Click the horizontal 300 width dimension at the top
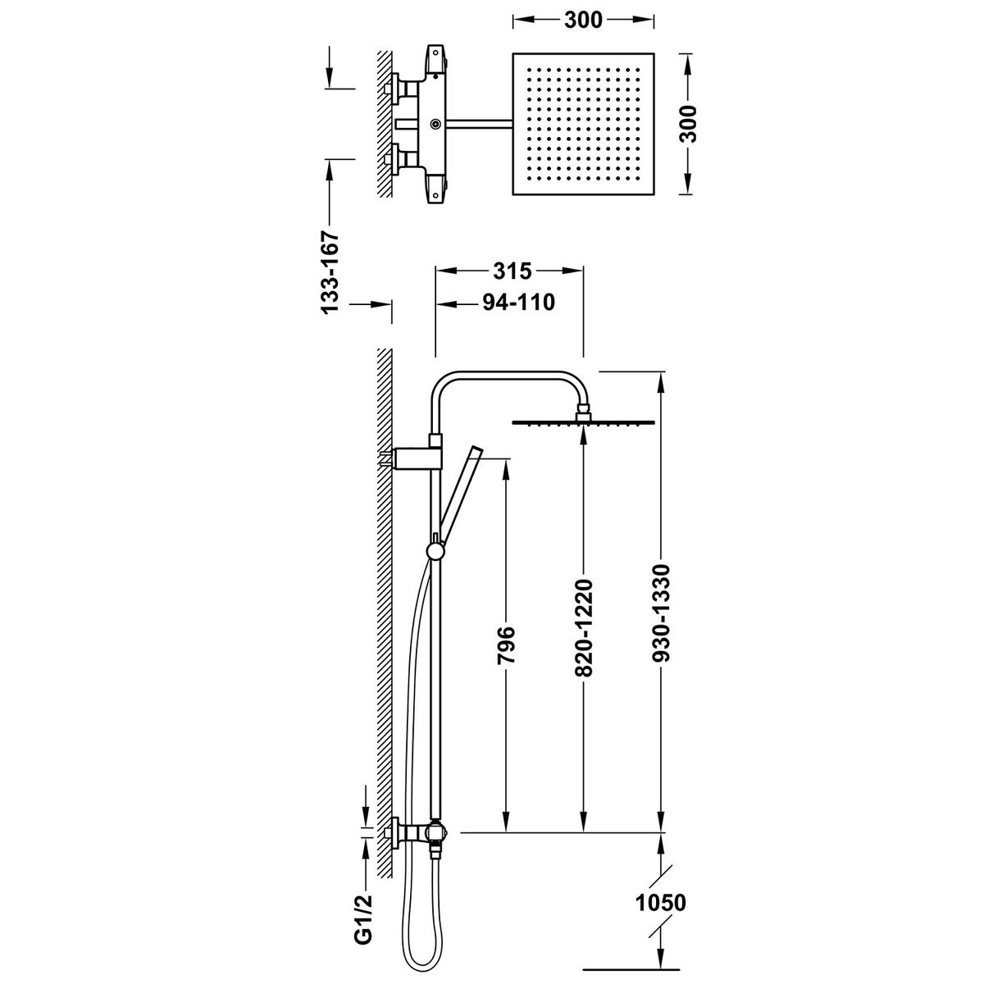pos(583,20)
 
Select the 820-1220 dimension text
pos(583,629)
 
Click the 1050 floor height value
pos(660,904)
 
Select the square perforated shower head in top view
pos(582,125)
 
